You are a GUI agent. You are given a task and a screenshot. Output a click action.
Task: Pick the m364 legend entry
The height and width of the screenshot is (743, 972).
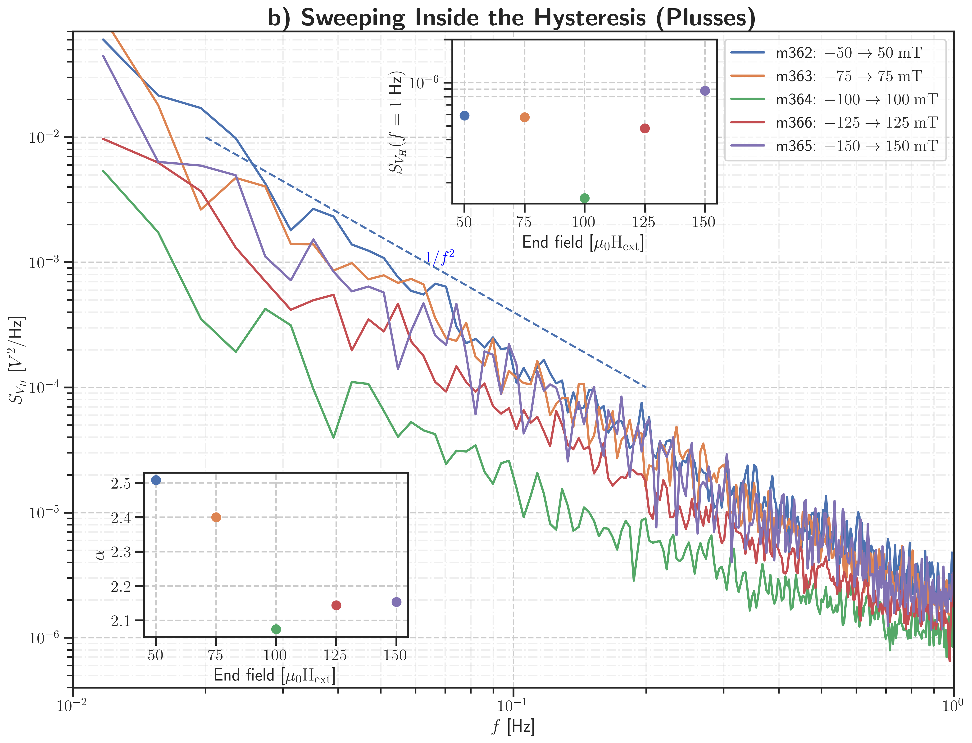(x=856, y=99)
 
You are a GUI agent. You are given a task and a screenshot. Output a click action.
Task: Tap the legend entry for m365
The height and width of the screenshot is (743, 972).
(x=856, y=146)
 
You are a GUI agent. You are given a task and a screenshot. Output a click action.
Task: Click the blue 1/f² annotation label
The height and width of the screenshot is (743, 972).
(x=439, y=257)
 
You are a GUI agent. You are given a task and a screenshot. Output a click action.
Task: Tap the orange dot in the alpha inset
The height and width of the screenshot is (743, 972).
(x=216, y=517)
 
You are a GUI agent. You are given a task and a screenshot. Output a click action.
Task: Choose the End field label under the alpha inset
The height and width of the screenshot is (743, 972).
(x=274, y=675)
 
